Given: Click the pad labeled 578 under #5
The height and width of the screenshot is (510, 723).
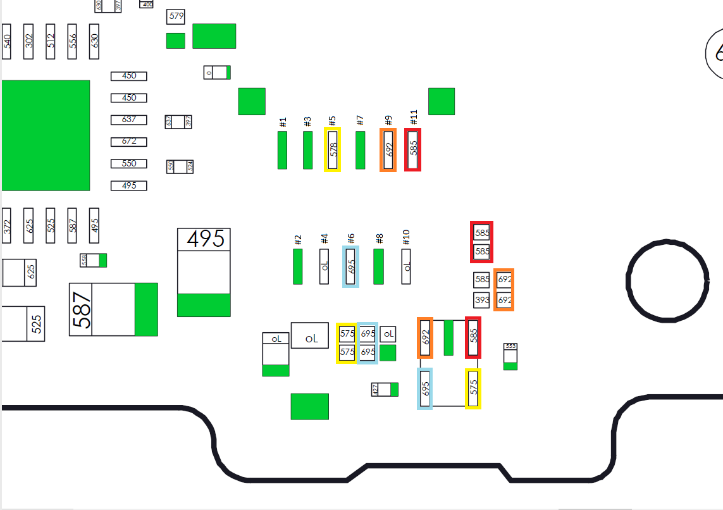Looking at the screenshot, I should [x=333, y=149].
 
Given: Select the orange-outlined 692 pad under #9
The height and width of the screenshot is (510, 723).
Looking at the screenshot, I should [x=388, y=149].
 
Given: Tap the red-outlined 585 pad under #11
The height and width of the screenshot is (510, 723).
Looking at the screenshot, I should [x=413, y=149].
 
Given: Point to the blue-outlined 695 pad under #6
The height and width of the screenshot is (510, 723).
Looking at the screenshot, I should [x=351, y=266].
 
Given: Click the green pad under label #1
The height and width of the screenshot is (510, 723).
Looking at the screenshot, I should [x=282, y=150].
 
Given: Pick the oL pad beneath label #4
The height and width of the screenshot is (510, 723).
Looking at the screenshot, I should [x=324, y=266].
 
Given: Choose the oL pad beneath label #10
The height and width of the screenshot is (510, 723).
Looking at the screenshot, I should [x=406, y=266].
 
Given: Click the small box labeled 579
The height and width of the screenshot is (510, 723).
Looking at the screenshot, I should [x=176, y=16].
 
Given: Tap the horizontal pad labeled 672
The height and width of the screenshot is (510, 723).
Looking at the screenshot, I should [x=128, y=142].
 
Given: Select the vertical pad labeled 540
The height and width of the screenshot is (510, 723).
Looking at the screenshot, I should [x=7, y=42].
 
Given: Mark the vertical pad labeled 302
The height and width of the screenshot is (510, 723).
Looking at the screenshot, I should [x=28, y=42].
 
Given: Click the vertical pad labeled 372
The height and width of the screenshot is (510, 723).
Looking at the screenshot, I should [x=7, y=225].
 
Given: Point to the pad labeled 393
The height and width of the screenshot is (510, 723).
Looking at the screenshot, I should [x=482, y=299].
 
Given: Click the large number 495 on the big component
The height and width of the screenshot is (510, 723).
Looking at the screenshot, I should [x=204, y=239].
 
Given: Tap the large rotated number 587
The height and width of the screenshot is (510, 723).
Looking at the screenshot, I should [x=82, y=309].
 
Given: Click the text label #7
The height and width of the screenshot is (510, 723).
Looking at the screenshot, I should [x=360, y=120].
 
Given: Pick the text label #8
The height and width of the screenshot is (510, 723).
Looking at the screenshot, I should [x=380, y=239].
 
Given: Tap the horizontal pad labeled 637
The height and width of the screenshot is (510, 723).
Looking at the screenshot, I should [x=128, y=120].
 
